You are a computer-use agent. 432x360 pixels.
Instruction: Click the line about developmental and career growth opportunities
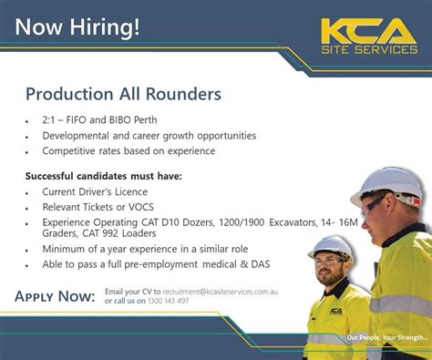point(149,136)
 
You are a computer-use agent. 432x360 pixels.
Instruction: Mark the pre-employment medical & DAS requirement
point(155,264)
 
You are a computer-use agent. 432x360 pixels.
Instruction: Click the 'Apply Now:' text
point(56,296)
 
